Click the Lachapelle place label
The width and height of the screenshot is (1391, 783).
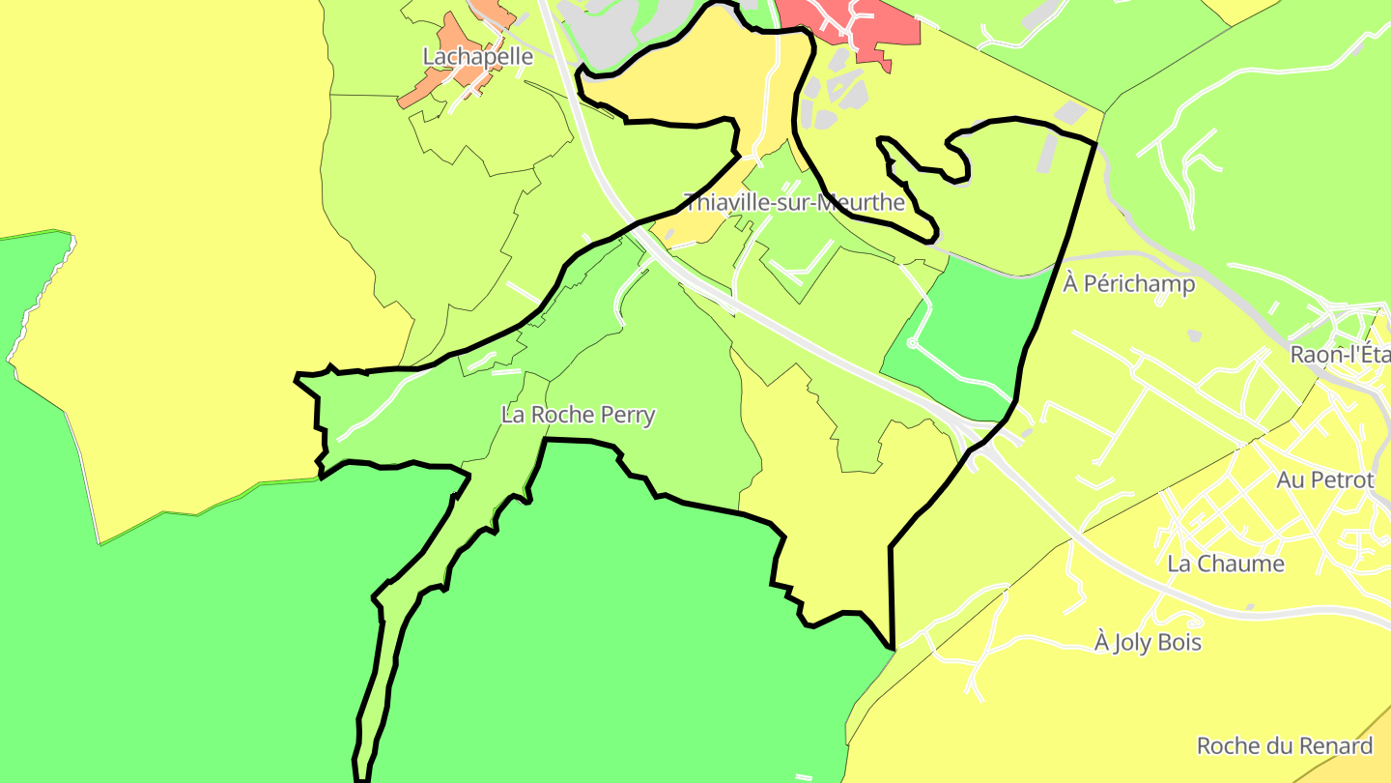pos(477,57)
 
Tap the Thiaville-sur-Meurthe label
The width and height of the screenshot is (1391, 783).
pos(794,203)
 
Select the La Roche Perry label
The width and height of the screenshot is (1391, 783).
pos(578,416)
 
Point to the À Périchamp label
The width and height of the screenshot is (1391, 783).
pos(1128,284)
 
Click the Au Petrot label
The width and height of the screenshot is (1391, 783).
pos(1324,480)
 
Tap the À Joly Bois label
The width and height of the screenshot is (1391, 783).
pos(1148,642)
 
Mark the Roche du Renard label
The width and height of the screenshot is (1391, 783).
pos(1284,746)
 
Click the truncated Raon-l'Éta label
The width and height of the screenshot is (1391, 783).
pos(1340,355)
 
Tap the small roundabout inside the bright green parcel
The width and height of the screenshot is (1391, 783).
pos(913,343)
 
